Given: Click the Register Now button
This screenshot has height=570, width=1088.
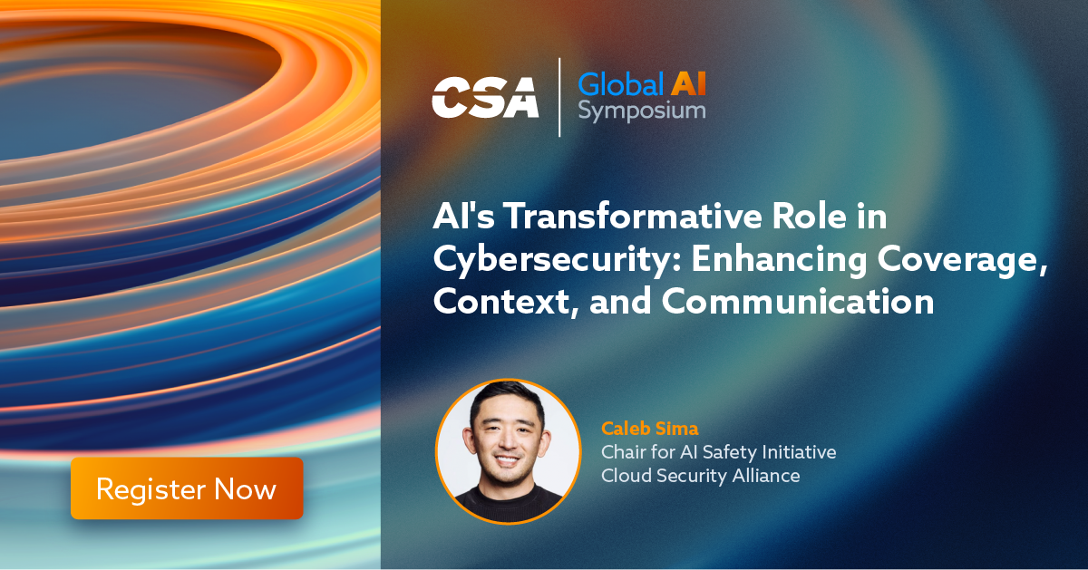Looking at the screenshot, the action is click(187, 488).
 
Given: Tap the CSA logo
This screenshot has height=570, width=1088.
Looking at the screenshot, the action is click(485, 97).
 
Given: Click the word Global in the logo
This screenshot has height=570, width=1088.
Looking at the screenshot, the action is click(621, 84).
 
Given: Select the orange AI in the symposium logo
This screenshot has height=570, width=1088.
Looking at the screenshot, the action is click(689, 84).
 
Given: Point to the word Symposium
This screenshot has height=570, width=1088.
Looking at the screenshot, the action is click(642, 111).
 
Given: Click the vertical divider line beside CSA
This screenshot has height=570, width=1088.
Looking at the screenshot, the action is click(559, 97).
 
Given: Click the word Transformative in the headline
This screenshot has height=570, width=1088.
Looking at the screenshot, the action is click(633, 216).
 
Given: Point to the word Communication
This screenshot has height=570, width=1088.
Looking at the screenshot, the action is click(798, 302).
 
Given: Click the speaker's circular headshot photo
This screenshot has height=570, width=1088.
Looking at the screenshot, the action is click(508, 451).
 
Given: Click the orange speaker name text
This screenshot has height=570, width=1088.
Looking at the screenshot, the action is click(650, 429).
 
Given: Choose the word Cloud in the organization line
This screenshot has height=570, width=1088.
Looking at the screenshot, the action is click(627, 476).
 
